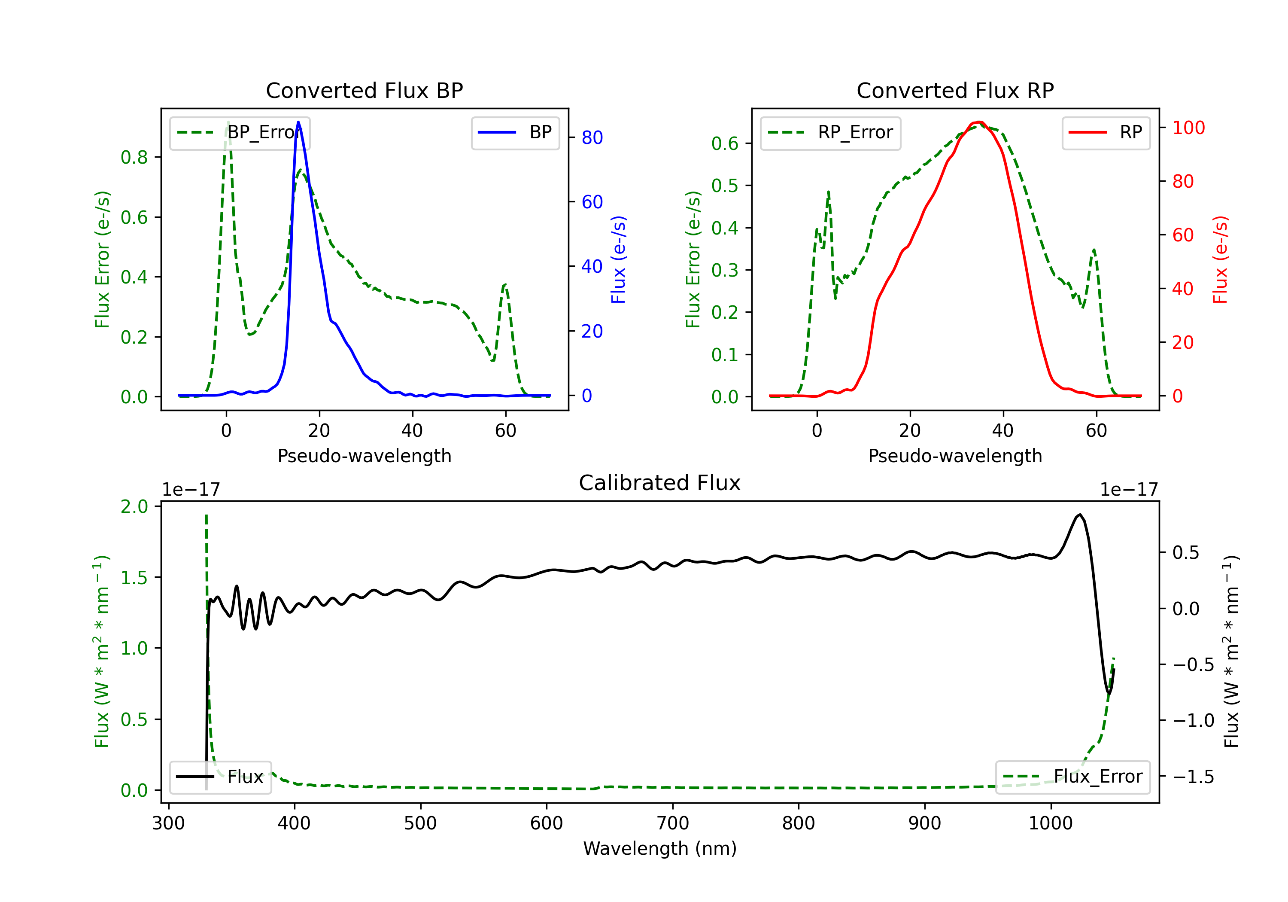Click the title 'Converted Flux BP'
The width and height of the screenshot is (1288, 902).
tap(365, 90)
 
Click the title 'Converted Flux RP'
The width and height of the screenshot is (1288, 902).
tap(955, 90)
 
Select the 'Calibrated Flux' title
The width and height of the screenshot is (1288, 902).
tap(660, 483)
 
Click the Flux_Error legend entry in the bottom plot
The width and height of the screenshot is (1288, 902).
tap(1072, 777)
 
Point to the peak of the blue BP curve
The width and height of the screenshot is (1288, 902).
tap(298, 122)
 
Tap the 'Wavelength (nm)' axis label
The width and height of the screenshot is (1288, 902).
tap(660, 848)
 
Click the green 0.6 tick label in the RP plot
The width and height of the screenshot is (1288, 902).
tap(725, 144)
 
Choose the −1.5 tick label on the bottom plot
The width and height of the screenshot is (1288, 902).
tap(1193, 777)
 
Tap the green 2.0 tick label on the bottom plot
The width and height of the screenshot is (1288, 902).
tap(134, 507)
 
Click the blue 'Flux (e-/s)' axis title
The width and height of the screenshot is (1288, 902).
tap(618, 260)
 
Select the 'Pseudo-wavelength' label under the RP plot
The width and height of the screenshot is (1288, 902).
tap(955, 456)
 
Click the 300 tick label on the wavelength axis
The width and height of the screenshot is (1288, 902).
tap(168, 823)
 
